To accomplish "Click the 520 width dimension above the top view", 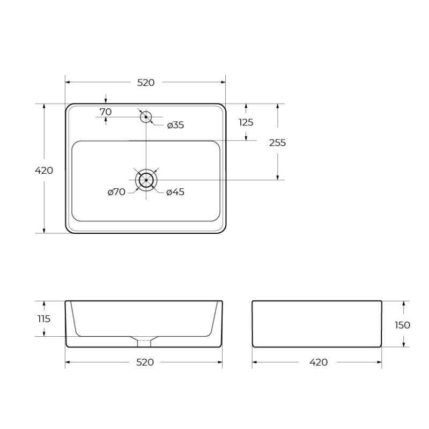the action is (146, 83).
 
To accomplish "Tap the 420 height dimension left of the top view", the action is (44, 171).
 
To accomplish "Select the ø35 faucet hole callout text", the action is (175, 125).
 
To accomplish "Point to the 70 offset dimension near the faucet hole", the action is (106, 112).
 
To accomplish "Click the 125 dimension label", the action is (246, 122).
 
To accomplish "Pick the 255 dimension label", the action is (277, 143).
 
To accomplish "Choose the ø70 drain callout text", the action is (116, 192).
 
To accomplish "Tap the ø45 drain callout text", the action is (175, 192).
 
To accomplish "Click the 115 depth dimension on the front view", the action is (44, 319).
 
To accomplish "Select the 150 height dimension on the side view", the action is (403, 325).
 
